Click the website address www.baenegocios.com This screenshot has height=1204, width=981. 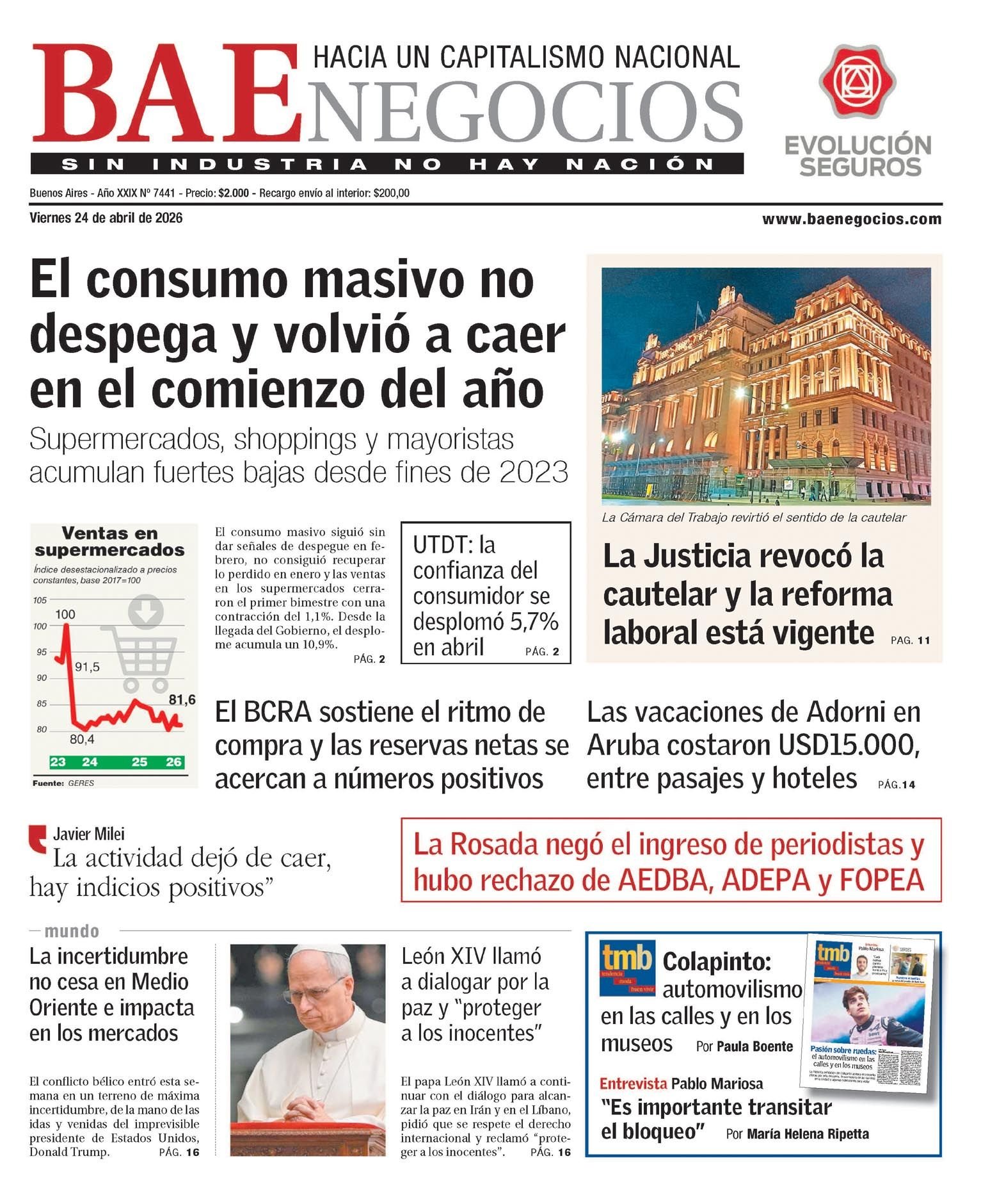(851, 220)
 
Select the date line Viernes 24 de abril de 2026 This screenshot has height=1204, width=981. (106, 218)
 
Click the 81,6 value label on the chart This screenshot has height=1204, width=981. (182, 700)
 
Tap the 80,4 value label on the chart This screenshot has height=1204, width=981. (82, 740)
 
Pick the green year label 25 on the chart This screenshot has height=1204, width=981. (139, 762)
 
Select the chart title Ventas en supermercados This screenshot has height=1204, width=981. (109, 542)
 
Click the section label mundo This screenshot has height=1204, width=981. (72, 931)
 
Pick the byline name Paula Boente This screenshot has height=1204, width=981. (754, 1046)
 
